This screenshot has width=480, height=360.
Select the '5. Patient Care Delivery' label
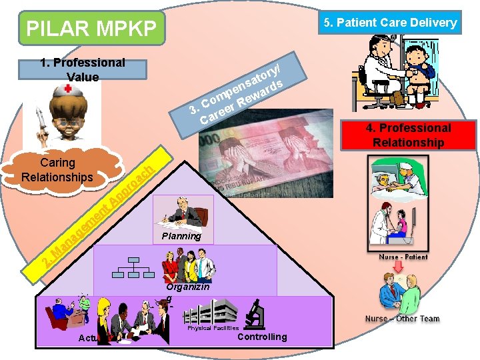[390, 23]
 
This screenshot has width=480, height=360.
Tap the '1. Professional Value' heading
[83, 69]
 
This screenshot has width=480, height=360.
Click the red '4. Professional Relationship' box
[409, 135]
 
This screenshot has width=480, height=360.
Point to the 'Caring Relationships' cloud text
[57, 170]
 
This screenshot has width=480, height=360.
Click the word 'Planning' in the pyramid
[181, 236]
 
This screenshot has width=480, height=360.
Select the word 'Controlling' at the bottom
[262, 337]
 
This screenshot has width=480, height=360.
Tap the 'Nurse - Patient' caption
[403, 257]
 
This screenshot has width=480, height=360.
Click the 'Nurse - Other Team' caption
[402, 319]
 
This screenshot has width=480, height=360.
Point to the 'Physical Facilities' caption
[213, 328]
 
